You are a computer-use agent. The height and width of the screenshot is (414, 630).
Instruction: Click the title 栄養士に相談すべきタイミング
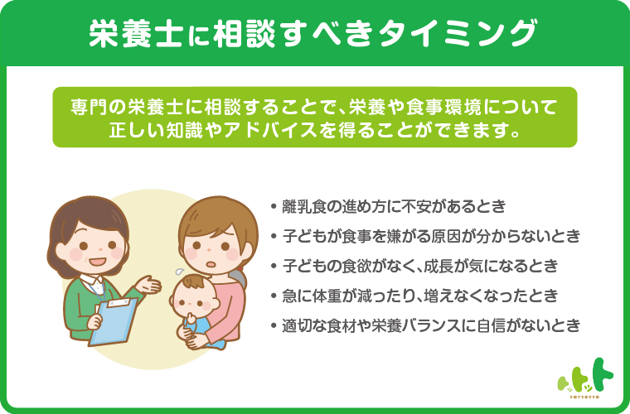(x=313, y=33)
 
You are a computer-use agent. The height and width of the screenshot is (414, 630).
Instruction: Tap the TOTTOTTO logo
(x=585, y=378)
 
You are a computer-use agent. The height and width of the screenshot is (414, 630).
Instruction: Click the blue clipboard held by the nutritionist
(x=113, y=322)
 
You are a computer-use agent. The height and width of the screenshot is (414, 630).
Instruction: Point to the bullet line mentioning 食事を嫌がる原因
(x=425, y=236)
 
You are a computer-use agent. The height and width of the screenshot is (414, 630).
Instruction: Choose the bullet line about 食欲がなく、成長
(x=414, y=266)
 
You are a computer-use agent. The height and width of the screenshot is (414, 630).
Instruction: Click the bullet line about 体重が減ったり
(x=414, y=296)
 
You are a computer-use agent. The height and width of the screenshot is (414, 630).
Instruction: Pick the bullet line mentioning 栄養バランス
(x=425, y=325)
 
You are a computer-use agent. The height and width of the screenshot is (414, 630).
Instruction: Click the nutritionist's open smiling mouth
(x=97, y=262)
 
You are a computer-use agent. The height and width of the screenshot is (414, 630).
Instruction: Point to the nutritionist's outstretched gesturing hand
(x=148, y=285)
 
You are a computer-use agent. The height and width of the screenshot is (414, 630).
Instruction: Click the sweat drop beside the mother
(x=179, y=272)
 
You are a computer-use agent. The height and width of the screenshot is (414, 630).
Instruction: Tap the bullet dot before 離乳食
(x=274, y=207)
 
